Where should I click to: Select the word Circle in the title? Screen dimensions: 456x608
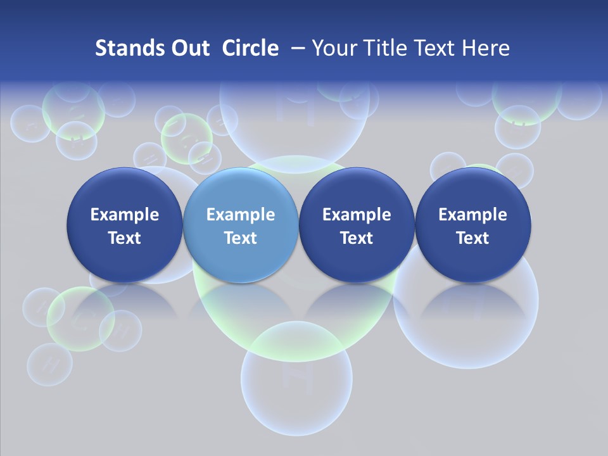tap(250, 48)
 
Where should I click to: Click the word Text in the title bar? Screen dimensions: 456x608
tap(436, 48)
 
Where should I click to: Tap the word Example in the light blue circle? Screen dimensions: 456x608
tap(241, 215)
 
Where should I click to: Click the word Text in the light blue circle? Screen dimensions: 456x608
tap(241, 238)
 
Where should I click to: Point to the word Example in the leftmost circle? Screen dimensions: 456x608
tap(124, 215)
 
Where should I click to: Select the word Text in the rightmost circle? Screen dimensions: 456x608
tap(472, 238)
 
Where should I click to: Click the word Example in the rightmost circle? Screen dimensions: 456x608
tap(472, 215)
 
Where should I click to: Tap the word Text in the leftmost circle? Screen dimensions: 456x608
tap(124, 238)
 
